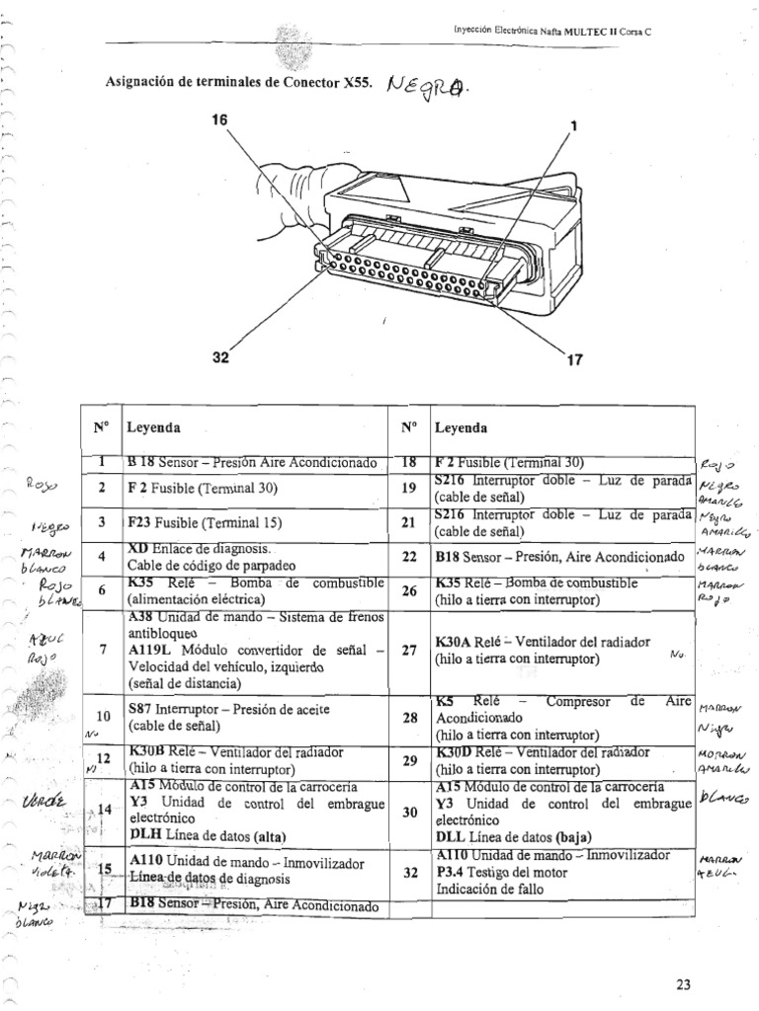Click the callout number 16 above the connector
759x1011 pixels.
pyautogui.click(x=219, y=119)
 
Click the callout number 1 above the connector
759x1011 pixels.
pyautogui.click(x=572, y=125)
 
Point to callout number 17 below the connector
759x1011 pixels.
pyautogui.click(x=574, y=361)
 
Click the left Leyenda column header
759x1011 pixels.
pyautogui.click(x=153, y=430)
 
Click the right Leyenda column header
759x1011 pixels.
pyautogui.click(x=460, y=430)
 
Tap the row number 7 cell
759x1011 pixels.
pyautogui.click(x=102, y=650)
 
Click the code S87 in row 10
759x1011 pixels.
pyautogui.click(x=141, y=709)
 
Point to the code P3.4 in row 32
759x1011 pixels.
pyautogui.click(x=450, y=870)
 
